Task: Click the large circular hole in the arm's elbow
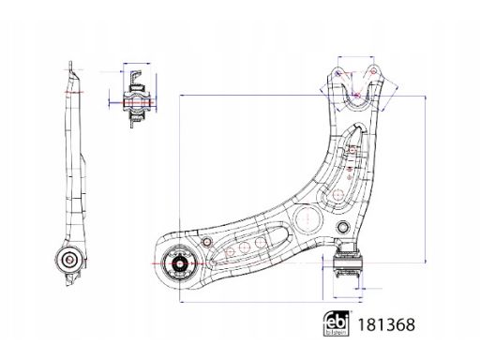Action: (307, 220)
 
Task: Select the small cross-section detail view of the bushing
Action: (136, 96)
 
